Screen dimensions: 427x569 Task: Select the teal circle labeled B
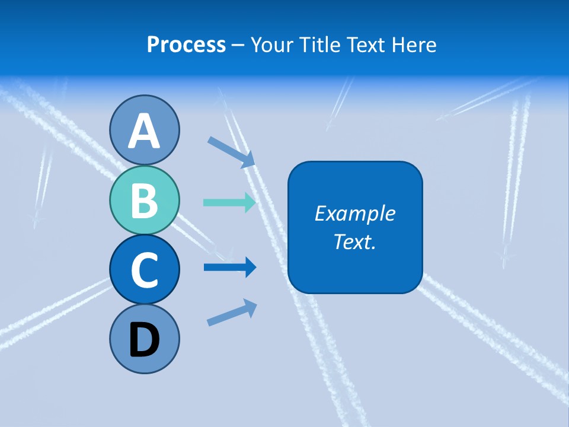pos(144,200)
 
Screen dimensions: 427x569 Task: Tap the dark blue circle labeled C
pos(144,269)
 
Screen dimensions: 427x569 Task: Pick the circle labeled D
pos(144,339)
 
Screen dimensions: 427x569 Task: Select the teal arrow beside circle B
pos(229,202)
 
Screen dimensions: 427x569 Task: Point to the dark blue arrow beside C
pos(229,267)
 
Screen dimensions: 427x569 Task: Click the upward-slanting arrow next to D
pos(232,313)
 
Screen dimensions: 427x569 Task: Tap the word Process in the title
pos(186,45)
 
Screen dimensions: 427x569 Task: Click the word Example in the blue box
pos(354,213)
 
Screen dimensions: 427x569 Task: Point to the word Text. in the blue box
pos(354,241)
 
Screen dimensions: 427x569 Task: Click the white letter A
pos(144,131)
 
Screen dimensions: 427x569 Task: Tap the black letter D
pos(144,340)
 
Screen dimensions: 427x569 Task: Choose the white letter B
pos(144,200)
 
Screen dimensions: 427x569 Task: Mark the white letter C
pos(144,270)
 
